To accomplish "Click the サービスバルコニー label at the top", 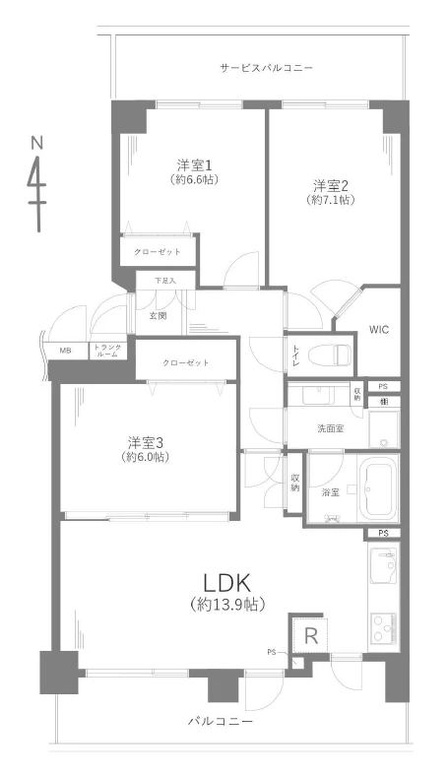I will tap(266, 68).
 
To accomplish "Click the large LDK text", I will tap(228, 581).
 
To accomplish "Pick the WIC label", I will tap(379, 330).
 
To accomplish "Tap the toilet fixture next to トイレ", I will tap(331, 355).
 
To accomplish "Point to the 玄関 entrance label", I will tap(159, 316).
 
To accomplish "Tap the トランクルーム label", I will tap(107, 351).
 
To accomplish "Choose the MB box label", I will tap(65, 351).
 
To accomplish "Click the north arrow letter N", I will tap(37, 144).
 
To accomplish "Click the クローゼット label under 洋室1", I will tap(158, 252).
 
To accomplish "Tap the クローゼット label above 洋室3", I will tap(186, 363).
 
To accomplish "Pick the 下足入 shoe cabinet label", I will tap(164, 282).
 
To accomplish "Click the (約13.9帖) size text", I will tap(227, 603).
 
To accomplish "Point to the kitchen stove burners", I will tap(382, 625).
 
